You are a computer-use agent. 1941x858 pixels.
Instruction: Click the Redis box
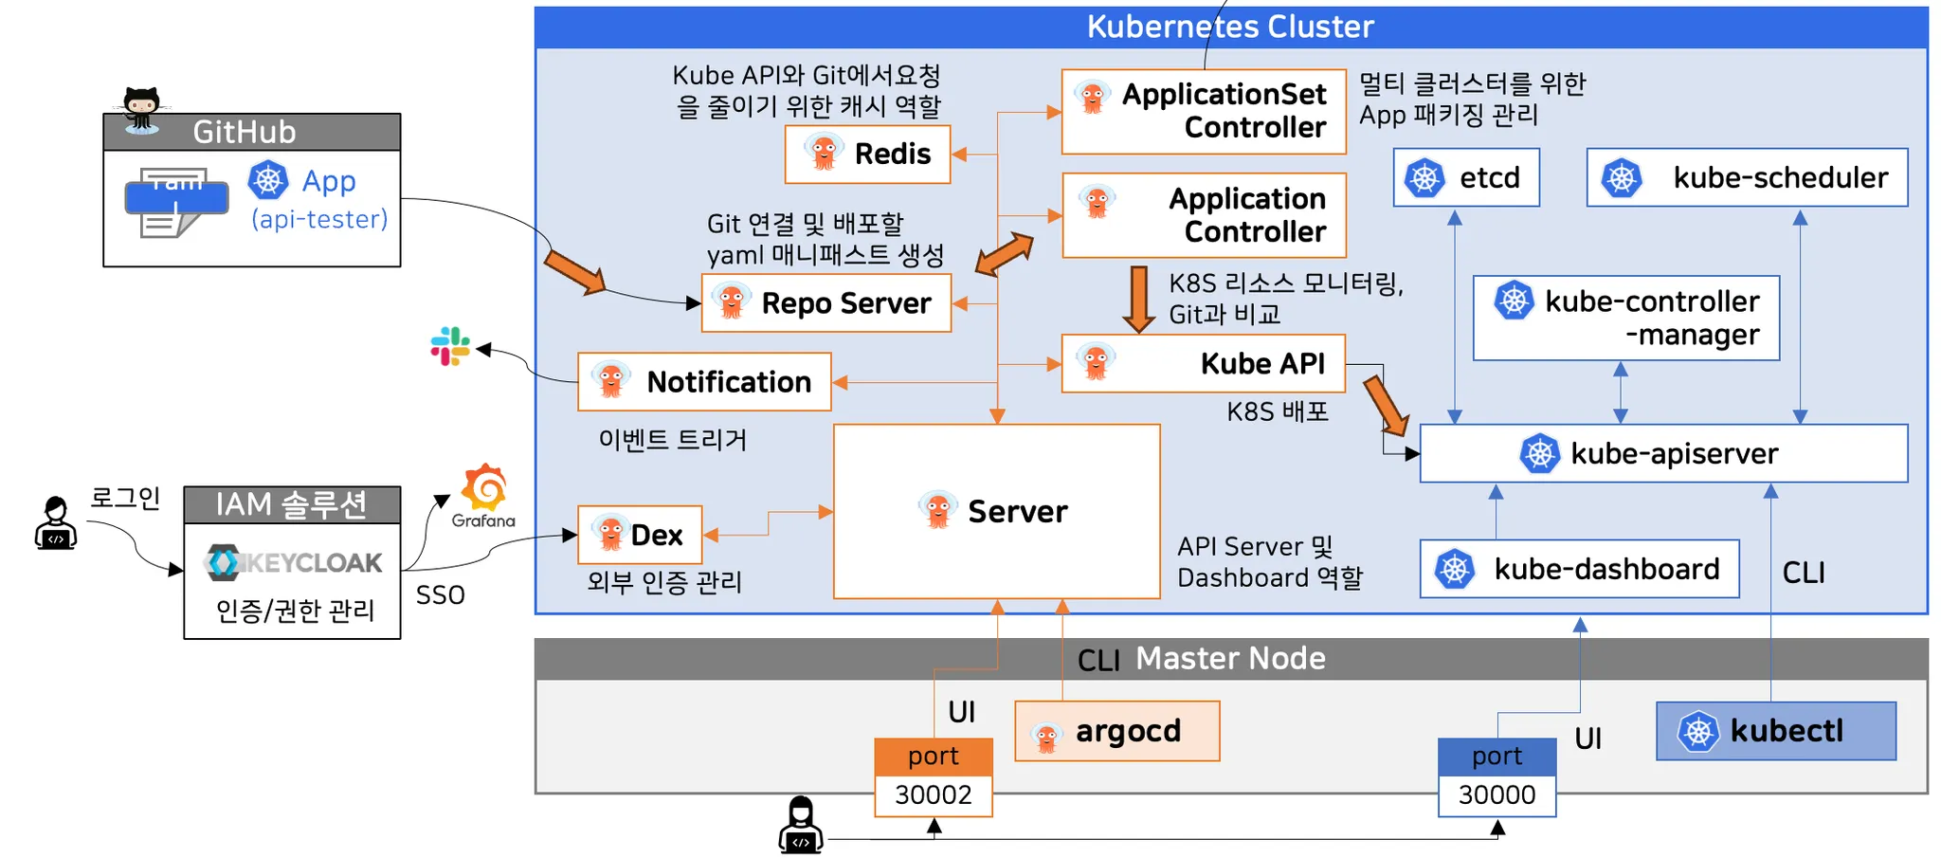point(867,154)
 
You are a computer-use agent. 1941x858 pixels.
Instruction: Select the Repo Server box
point(825,303)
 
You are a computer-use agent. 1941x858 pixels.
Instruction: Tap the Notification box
point(704,382)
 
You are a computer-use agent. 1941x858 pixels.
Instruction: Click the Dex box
point(640,535)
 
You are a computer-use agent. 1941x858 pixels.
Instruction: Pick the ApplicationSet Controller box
point(1204,112)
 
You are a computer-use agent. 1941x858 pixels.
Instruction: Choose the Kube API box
point(1204,363)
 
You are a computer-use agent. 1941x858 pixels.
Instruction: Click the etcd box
point(1466,177)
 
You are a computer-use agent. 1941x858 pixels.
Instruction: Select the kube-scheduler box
point(1747,177)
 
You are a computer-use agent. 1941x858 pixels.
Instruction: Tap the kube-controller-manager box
point(1626,318)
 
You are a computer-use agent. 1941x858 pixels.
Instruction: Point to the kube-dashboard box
point(1579,569)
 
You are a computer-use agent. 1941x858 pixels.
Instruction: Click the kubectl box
point(1776,731)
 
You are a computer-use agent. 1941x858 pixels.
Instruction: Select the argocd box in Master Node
point(1116,731)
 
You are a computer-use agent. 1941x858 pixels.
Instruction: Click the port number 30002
point(934,794)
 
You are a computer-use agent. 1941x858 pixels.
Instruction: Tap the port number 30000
point(1497,794)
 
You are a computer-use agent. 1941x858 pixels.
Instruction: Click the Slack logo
point(450,347)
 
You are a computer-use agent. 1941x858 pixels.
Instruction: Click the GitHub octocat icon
point(142,109)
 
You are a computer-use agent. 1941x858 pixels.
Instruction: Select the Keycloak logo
point(294,562)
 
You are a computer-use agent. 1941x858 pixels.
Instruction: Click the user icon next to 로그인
point(56,523)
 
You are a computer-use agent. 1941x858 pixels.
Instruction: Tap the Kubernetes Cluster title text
point(1230,27)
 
